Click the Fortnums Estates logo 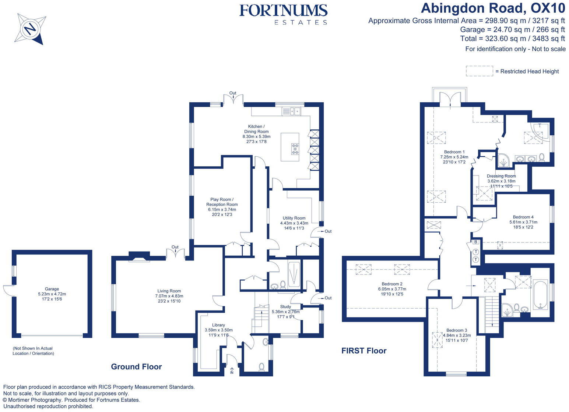click(x=283, y=14)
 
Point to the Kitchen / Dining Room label click(x=256, y=134)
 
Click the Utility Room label click(x=294, y=223)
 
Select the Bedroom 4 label click(x=523, y=222)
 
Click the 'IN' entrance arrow click(x=232, y=371)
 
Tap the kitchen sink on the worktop click(x=291, y=110)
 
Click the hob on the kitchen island click(x=295, y=148)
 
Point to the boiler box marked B click(x=476, y=242)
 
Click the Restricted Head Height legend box click(x=479, y=71)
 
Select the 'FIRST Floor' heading click(x=364, y=351)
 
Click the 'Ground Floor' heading click(x=136, y=366)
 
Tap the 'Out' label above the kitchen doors click(x=233, y=93)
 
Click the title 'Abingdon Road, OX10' click(x=493, y=8)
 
